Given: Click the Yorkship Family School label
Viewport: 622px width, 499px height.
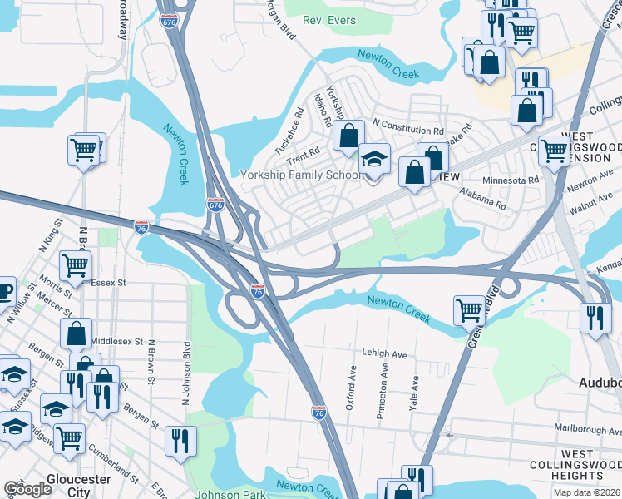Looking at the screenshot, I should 299,175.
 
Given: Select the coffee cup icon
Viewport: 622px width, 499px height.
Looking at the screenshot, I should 3,291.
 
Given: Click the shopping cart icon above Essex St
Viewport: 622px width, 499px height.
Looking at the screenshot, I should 75,266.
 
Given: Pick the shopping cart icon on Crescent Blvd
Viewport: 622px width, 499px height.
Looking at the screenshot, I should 469,311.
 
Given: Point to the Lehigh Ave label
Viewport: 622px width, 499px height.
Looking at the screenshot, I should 383,354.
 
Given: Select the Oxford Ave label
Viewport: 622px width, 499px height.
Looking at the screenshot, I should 353,390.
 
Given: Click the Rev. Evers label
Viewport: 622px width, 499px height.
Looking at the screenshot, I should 329,20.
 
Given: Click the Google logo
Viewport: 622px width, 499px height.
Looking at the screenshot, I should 27,488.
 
